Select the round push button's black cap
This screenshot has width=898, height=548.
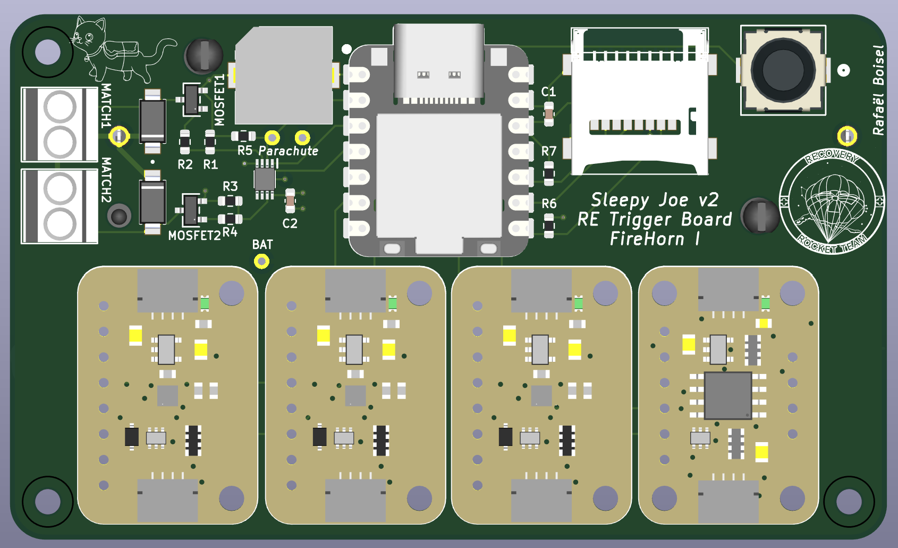(x=783, y=70)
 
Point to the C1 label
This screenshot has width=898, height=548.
(x=548, y=92)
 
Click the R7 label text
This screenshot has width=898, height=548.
(x=548, y=152)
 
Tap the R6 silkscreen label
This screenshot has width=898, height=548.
(x=549, y=204)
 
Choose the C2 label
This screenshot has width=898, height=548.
(x=290, y=223)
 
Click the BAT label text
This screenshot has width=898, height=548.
(x=262, y=245)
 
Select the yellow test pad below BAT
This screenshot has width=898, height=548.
(x=261, y=262)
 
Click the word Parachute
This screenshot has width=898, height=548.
(x=289, y=151)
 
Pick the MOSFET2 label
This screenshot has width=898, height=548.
(x=194, y=236)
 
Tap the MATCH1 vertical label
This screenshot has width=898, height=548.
(x=106, y=105)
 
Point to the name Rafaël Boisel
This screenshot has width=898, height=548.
(x=879, y=90)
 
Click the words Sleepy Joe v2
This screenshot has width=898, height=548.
(x=655, y=200)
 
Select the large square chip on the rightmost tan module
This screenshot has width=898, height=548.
(x=727, y=395)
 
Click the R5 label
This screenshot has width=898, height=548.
(x=244, y=151)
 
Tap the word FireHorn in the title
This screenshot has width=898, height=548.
(x=647, y=239)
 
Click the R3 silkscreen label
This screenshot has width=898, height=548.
(x=230, y=186)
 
